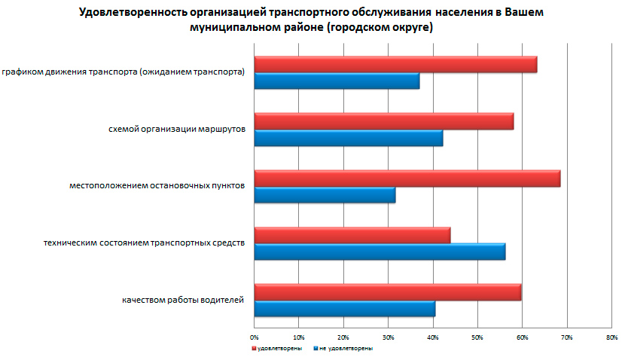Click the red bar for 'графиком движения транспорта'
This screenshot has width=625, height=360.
395,65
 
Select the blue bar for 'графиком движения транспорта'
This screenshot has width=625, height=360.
337,81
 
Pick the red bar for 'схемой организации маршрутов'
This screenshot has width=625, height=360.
383,121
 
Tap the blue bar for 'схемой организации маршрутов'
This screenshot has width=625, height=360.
348,138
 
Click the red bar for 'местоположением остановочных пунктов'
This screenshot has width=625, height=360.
407,178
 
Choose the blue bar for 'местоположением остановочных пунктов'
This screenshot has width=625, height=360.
325,195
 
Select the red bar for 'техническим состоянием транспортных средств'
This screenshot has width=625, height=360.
352,235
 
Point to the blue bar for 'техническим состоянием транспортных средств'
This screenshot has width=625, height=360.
380,252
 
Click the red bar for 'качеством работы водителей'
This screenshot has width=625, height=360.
387,292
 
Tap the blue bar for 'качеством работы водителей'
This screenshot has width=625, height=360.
344,309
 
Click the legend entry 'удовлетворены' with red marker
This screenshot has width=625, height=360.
278,349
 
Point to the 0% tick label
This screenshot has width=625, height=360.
255,337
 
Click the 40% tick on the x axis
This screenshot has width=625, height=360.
433,337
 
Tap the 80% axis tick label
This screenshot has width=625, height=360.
611,337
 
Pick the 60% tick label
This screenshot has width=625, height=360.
522,337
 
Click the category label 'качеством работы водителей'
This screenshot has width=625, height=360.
183,301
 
